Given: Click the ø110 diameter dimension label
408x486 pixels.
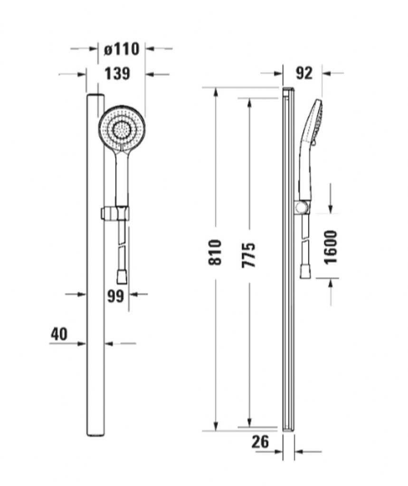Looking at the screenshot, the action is point(122,49).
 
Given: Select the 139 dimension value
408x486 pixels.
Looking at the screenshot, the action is point(117,74).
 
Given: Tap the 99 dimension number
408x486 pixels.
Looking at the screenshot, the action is point(115,296).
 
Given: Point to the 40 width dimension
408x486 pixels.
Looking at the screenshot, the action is point(59,335).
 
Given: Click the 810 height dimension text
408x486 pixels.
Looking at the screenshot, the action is point(215,252).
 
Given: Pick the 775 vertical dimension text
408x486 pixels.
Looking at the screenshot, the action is point(248,255).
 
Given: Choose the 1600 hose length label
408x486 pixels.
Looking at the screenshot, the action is point(330,247).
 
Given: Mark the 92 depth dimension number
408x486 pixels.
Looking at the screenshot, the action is point(304,74).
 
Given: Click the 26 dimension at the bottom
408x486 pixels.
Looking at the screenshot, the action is point(260,442).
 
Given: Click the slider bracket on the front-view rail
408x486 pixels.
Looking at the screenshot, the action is point(114,214).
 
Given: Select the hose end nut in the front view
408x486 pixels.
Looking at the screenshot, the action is point(122,277).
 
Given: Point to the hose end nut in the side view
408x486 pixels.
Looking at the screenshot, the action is point(305,271).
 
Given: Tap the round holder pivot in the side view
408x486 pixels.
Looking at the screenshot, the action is point(300,207).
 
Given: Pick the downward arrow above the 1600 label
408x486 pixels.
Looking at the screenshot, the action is point(331,198).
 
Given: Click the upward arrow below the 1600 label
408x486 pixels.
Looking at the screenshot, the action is point(331,292).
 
